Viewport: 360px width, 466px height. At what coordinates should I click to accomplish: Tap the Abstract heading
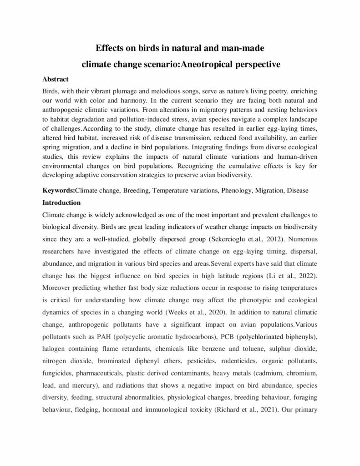[x=56, y=79]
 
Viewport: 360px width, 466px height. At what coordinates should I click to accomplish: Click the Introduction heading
[x=61, y=202]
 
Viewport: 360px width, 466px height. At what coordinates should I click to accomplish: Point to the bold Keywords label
[x=58, y=191]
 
